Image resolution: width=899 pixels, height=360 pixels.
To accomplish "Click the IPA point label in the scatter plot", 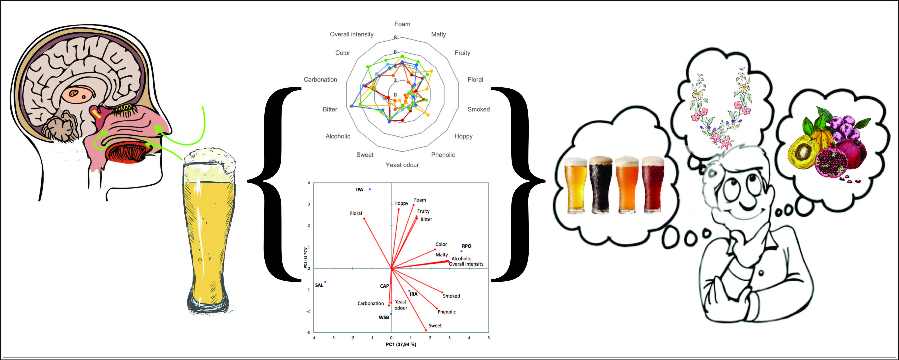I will (359, 190).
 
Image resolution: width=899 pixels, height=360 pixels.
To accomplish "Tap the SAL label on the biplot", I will (319, 285).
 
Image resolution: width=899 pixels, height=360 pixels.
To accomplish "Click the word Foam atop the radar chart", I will (402, 24).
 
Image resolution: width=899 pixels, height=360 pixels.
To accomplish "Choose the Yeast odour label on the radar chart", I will (402, 165).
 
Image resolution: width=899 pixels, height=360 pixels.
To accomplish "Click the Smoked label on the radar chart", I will (479, 109).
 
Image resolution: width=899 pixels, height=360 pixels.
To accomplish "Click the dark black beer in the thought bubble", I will (601, 185).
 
